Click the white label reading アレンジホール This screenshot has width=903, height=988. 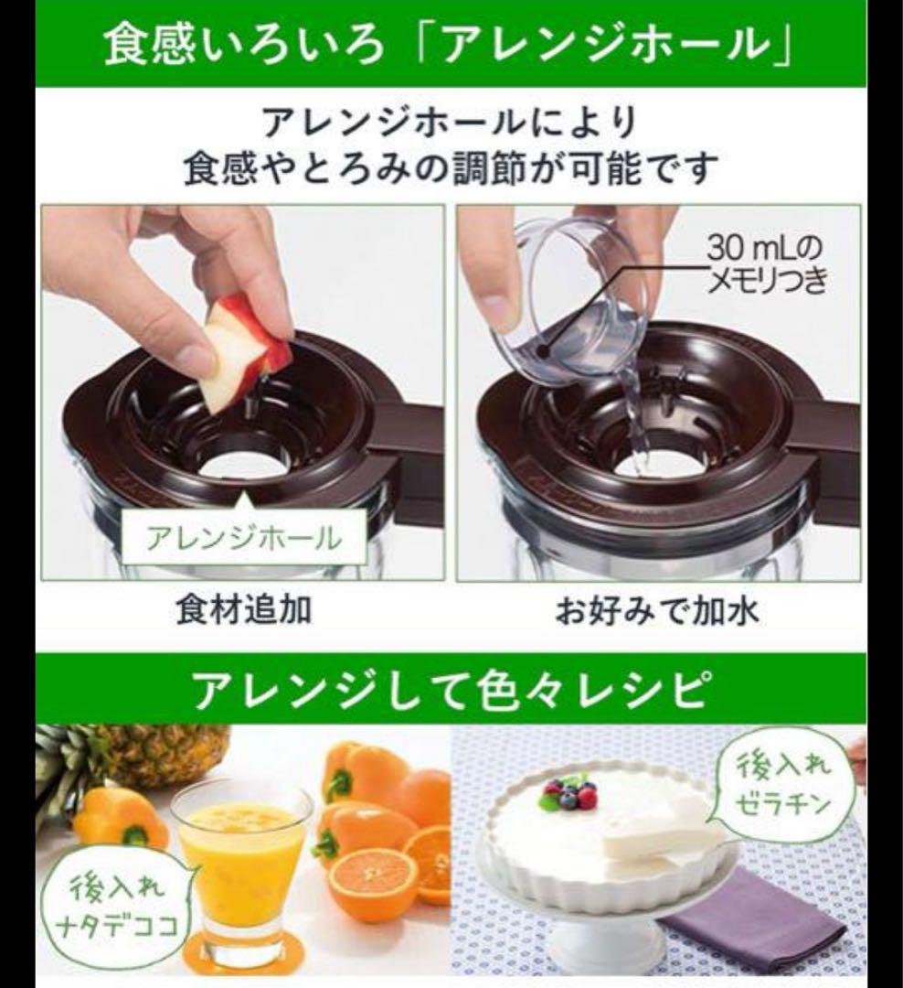point(244,539)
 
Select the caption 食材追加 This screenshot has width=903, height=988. point(244,609)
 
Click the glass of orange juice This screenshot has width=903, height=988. point(242,864)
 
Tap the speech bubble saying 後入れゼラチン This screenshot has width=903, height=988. point(784,785)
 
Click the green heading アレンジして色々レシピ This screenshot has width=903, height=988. point(451,689)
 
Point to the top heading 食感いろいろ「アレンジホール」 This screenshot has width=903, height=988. point(451,44)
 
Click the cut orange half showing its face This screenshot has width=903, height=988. point(372,876)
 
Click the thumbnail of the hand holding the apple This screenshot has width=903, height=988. point(243,392)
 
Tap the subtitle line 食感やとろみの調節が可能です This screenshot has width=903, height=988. point(451,168)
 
